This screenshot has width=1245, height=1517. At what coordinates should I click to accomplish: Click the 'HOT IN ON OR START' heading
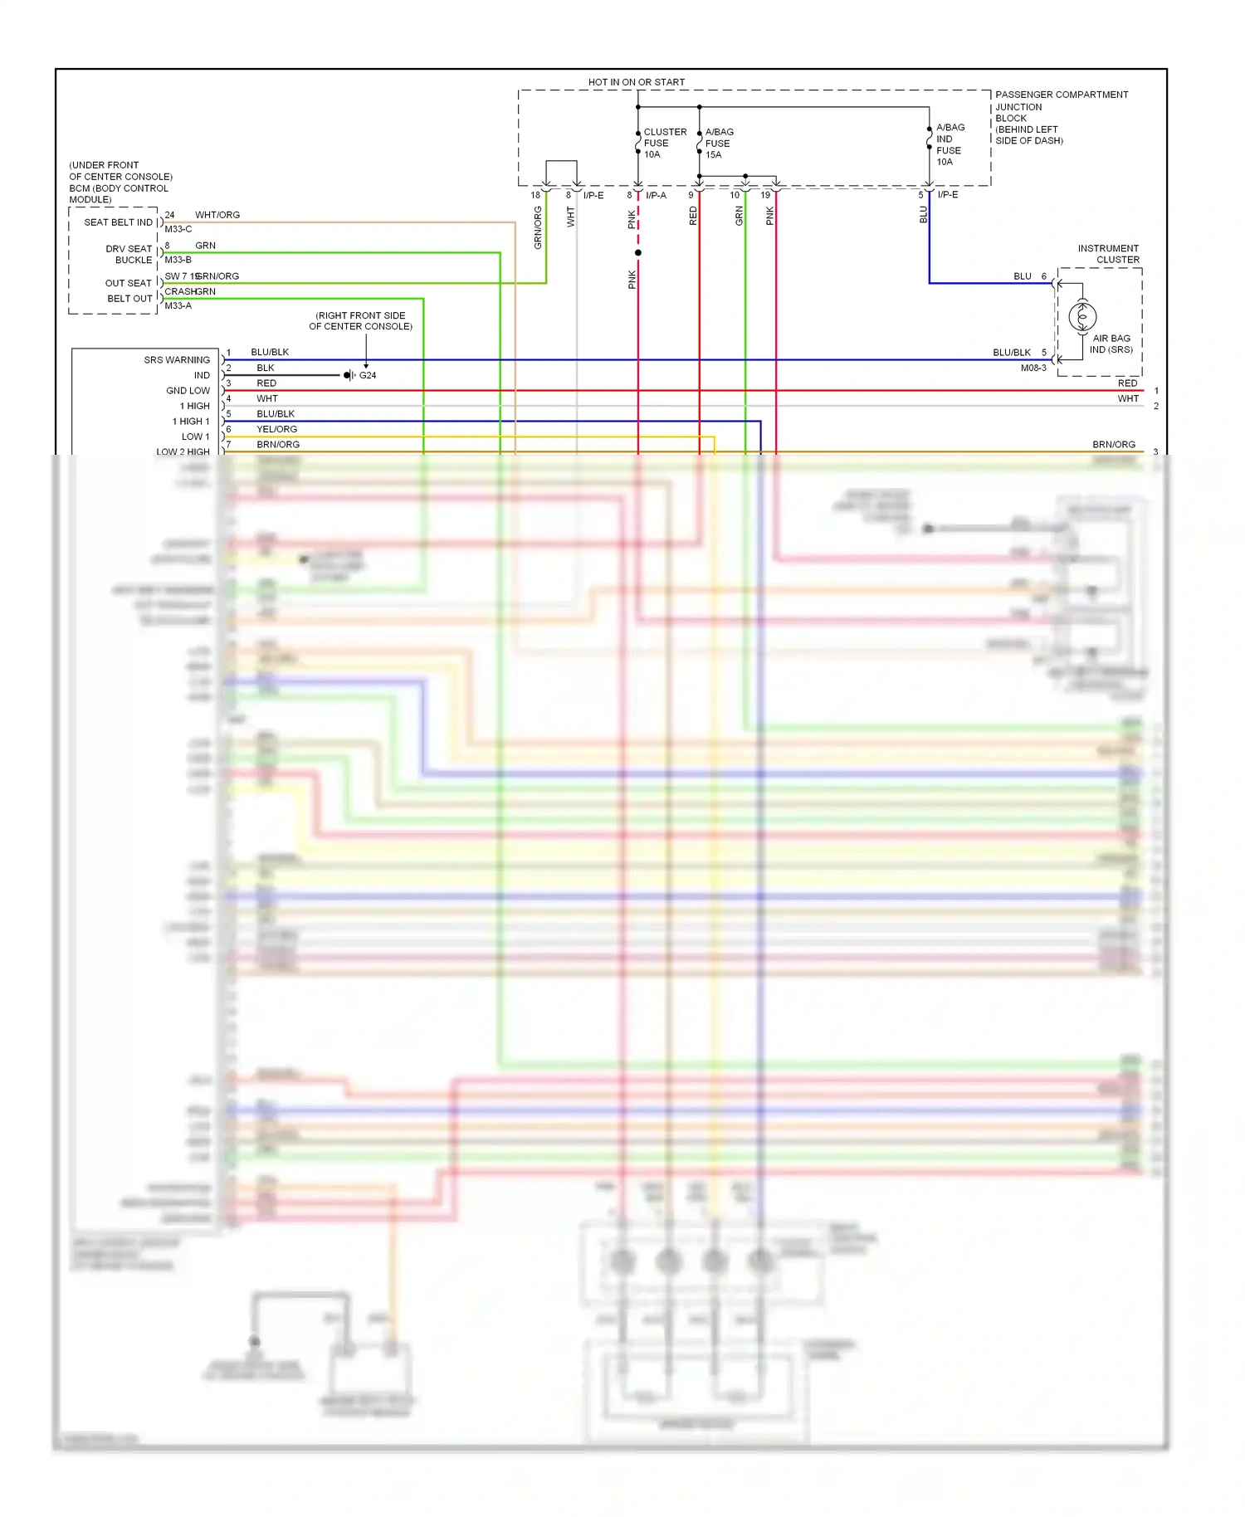[x=636, y=82]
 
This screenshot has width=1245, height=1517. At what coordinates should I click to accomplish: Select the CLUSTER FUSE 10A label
[x=664, y=143]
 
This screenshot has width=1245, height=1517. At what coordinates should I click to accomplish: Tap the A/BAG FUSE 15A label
[x=719, y=143]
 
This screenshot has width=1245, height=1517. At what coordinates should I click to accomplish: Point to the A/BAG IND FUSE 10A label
[x=950, y=144]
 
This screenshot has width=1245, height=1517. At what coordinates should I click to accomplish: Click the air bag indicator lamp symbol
[x=1082, y=316]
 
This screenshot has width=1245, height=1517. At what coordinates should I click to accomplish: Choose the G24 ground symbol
[x=349, y=375]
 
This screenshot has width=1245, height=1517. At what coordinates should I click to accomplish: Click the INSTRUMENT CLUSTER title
[x=1108, y=254]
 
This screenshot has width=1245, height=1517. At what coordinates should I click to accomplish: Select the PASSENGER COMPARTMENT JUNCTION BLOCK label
[x=1061, y=106]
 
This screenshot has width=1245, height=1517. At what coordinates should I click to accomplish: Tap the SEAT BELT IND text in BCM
[x=118, y=222]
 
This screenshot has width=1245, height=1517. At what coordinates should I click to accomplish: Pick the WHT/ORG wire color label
[x=217, y=215]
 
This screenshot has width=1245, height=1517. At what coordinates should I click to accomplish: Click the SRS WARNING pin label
[x=177, y=360]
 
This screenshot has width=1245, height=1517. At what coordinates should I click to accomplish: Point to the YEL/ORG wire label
[x=276, y=429]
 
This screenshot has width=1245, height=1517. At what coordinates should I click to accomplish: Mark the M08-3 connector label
[x=1033, y=368]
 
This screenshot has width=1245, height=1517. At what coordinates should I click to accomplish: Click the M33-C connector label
[x=178, y=229]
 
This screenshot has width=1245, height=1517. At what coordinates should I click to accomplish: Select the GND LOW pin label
[x=188, y=391]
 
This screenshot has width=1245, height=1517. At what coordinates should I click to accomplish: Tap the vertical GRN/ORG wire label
[x=538, y=227]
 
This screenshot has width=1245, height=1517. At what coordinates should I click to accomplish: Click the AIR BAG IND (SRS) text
[x=1111, y=344]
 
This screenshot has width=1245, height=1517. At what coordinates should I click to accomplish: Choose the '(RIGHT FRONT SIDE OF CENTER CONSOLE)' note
[x=360, y=321]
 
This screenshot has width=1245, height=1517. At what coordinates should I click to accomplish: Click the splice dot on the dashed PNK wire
[x=637, y=252]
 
